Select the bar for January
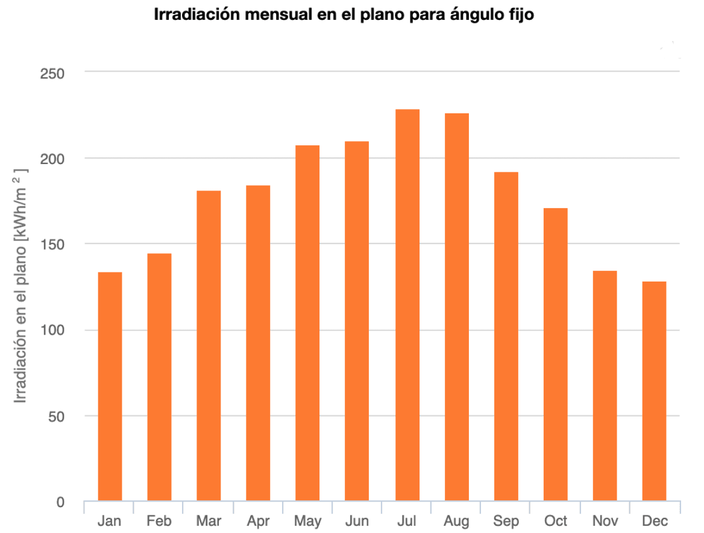110,386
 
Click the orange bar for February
159,377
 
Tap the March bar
209,346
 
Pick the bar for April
258,343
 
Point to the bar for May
307,323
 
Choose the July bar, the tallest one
407,305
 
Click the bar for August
456,307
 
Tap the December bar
654,391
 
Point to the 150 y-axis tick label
52,244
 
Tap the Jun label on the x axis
357,520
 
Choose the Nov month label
605,520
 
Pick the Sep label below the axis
506,520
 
